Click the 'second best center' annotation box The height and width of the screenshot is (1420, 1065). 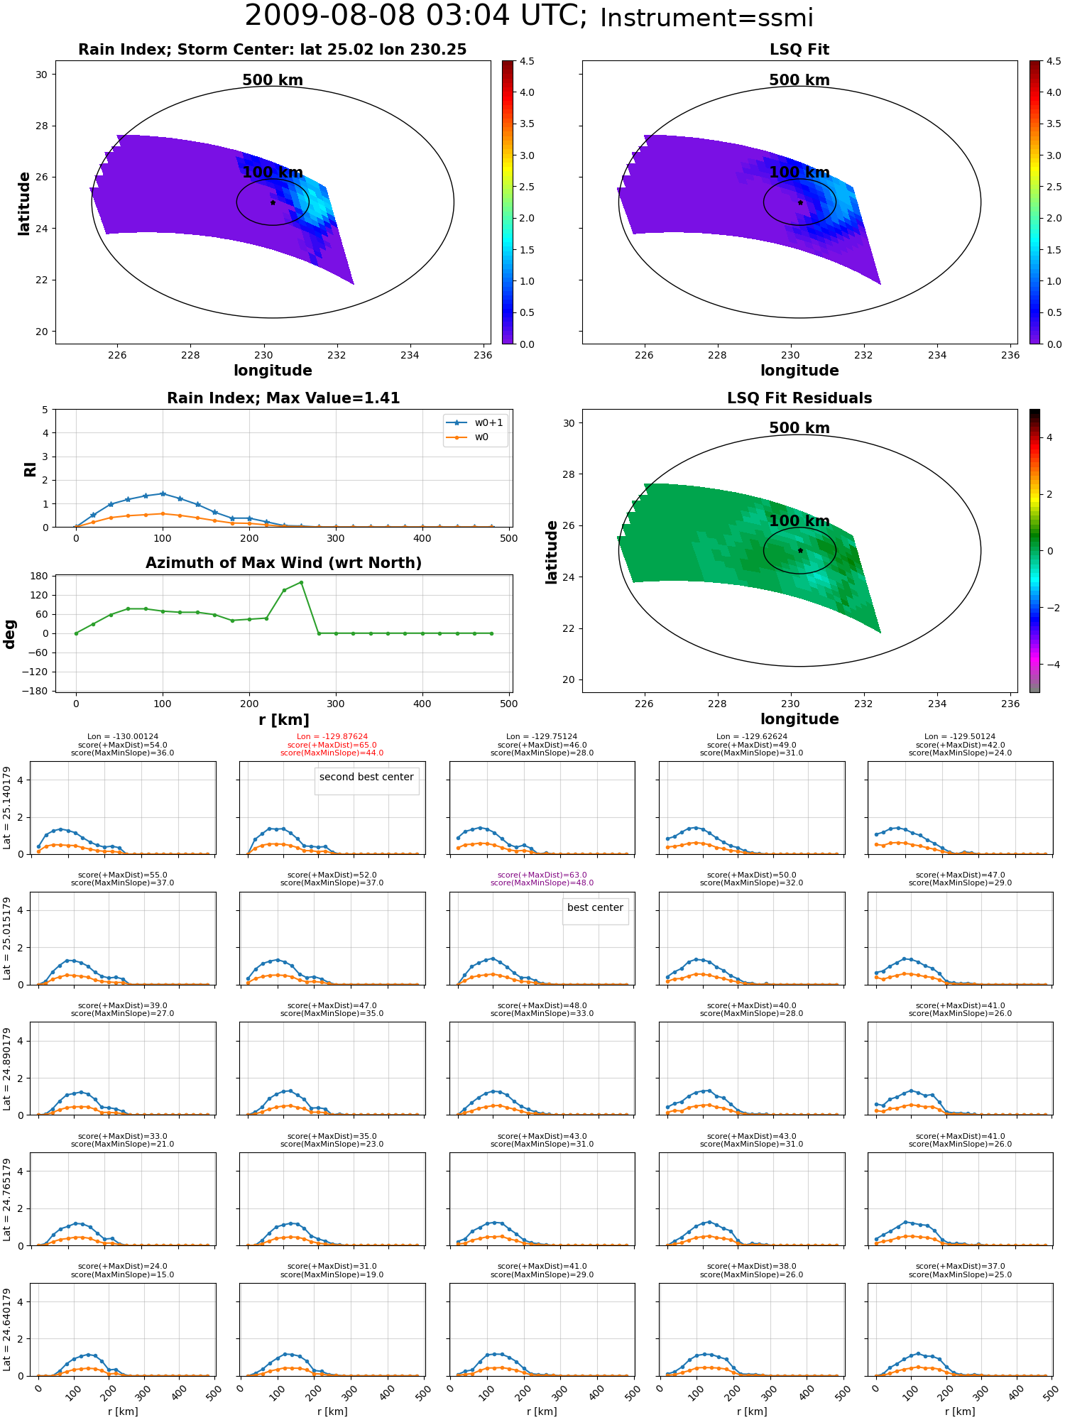[x=366, y=780]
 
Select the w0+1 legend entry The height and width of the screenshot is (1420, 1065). [x=476, y=422]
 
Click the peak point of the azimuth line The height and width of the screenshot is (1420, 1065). [x=301, y=582]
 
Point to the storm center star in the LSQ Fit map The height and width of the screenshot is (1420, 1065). [x=800, y=202]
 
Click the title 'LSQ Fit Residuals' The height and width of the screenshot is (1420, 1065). [x=799, y=398]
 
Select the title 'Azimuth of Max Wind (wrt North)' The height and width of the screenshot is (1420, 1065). [x=283, y=563]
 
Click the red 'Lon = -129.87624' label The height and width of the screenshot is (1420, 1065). [x=332, y=737]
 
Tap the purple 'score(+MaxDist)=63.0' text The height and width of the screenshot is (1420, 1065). [x=542, y=875]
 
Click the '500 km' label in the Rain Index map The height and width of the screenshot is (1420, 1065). [x=273, y=80]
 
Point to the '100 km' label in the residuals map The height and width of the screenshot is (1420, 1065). [x=799, y=521]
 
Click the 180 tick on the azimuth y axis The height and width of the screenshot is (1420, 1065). [x=40, y=576]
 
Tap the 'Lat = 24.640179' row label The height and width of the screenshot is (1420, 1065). [x=7, y=1329]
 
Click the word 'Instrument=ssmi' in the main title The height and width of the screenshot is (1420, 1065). [x=706, y=18]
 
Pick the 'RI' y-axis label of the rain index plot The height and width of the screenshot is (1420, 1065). [x=30, y=469]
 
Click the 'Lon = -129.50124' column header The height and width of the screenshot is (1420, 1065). [x=960, y=737]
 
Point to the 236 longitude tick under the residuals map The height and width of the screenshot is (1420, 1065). [x=1010, y=704]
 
